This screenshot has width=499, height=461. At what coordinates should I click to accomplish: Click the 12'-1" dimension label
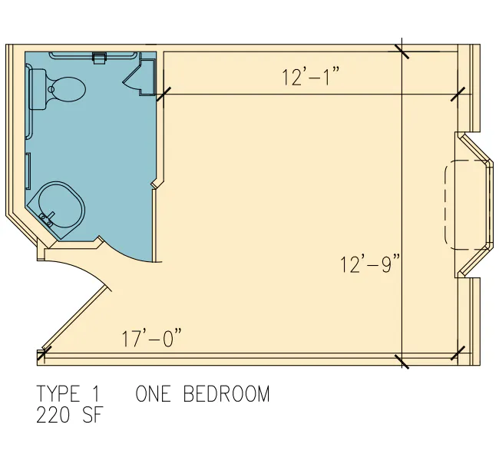click(311, 77)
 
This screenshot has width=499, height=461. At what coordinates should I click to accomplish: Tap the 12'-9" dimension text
click(369, 264)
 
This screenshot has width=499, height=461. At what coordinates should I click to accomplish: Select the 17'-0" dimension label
click(151, 338)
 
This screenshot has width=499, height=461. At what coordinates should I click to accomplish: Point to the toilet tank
click(38, 89)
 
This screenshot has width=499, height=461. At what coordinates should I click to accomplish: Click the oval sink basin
click(61, 205)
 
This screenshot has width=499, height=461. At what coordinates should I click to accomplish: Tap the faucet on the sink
click(46, 220)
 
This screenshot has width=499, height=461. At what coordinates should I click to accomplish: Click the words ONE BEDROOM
click(203, 394)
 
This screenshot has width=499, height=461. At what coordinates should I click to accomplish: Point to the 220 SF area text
click(70, 416)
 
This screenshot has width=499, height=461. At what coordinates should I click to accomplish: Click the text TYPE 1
click(68, 394)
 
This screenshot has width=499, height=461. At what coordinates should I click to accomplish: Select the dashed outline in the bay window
click(465, 204)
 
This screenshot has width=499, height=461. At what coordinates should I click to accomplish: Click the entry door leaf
click(74, 317)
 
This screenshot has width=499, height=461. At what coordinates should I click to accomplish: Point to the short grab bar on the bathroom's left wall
click(28, 171)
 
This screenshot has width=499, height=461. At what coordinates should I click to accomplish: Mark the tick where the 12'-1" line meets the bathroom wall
click(164, 95)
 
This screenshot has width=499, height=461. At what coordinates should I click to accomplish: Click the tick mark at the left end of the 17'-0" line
click(44, 353)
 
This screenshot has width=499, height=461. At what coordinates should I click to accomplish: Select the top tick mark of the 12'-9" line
click(402, 51)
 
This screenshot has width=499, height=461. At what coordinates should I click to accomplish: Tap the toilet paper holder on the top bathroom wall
click(99, 58)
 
